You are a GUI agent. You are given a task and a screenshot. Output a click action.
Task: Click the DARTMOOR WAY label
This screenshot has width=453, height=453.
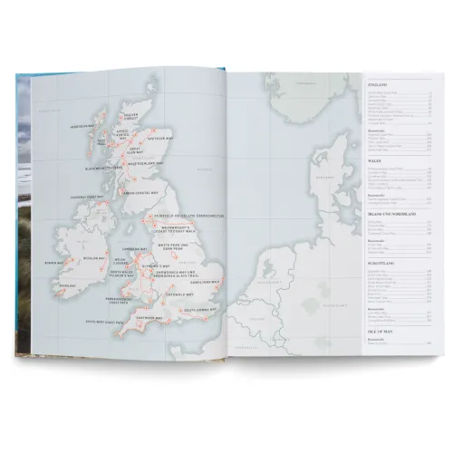tap(147, 309)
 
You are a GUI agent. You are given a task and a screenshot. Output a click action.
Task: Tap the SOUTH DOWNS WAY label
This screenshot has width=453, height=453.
tap(207, 308)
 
